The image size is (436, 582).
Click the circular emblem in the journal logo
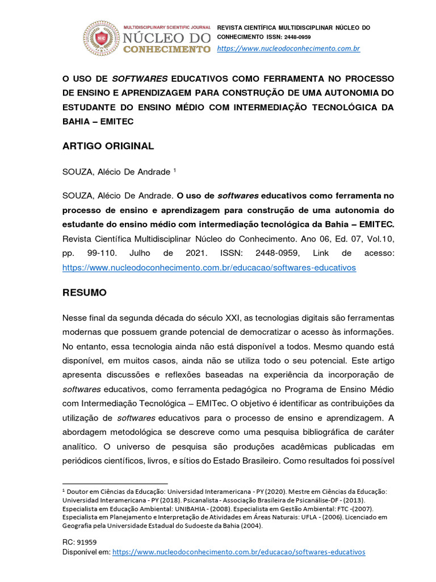coord(102,38)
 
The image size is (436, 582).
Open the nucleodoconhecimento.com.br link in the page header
coord(289,48)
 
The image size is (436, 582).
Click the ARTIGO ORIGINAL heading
coord(108,146)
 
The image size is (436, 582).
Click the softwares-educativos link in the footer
coord(239,552)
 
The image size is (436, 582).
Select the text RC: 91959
coord(79,542)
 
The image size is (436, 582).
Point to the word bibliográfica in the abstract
coord(304,432)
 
